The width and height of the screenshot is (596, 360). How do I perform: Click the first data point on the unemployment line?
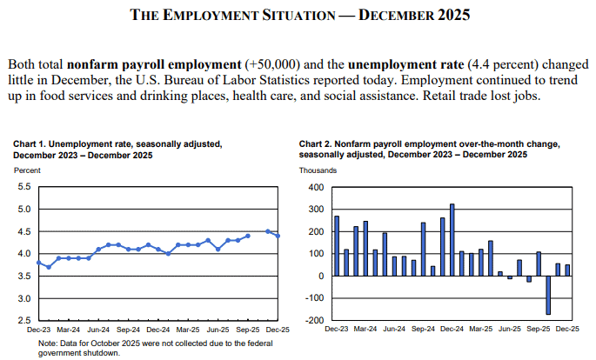(x=37, y=262)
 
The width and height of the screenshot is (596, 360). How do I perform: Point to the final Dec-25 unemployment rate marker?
(x=278, y=236)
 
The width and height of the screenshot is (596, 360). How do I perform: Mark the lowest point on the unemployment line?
(x=48, y=267)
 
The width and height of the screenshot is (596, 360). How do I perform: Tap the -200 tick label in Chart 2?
(x=314, y=321)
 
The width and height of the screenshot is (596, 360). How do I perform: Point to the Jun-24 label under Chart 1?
(x=98, y=331)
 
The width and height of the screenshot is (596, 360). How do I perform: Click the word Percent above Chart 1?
(x=26, y=170)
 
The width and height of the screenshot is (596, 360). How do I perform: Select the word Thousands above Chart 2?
(x=318, y=170)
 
